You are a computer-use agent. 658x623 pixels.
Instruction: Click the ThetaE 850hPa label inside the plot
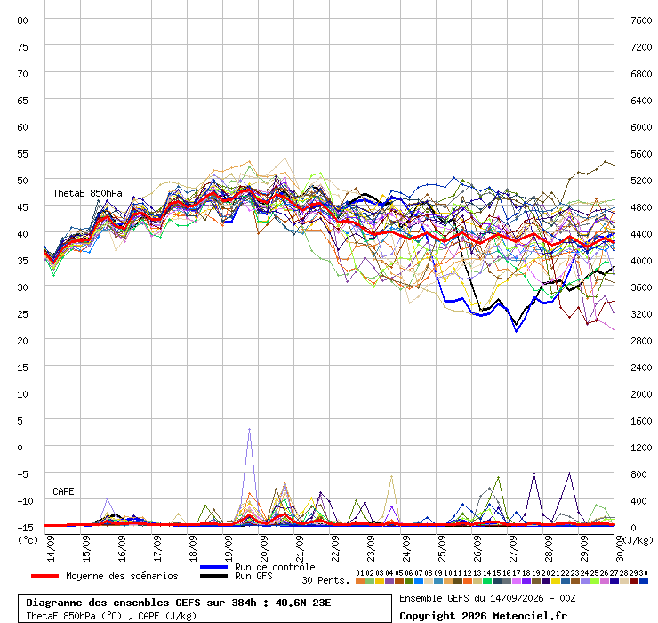click(x=87, y=193)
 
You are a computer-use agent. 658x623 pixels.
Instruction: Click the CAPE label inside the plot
click(x=63, y=491)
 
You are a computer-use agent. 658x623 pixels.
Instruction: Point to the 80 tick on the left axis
click(x=22, y=20)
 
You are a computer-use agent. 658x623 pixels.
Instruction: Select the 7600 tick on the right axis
click(x=641, y=20)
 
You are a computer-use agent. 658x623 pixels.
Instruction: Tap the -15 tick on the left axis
click(x=25, y=528)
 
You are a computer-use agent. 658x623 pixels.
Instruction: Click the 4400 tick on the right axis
click(x=641, y=234)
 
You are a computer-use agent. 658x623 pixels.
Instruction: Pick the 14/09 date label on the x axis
click(x=52, y=548)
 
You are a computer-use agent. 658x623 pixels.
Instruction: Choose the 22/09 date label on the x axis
click(x=336, y=548)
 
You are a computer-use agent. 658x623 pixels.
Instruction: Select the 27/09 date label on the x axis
click(x=514, y=548)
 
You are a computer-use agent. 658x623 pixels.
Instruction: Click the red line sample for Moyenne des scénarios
click(x=44, y=576)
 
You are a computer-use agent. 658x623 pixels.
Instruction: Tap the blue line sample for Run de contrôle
click(x=213, y=567)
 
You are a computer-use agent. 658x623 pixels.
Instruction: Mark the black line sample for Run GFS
click(x=213, y=576)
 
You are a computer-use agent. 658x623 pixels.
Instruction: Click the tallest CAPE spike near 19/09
click(x=249, y=429)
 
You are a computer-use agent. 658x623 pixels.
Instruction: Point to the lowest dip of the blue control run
click(x=516, y=331)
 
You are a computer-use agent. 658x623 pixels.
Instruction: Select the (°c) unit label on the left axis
click(x=28, y=540)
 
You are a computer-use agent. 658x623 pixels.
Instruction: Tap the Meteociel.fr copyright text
click(x=530, y=616)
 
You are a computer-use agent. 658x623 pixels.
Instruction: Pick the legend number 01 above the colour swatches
click(x=359, y=573)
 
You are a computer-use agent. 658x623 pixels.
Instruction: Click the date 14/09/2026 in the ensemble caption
click(x=517, y=598)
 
